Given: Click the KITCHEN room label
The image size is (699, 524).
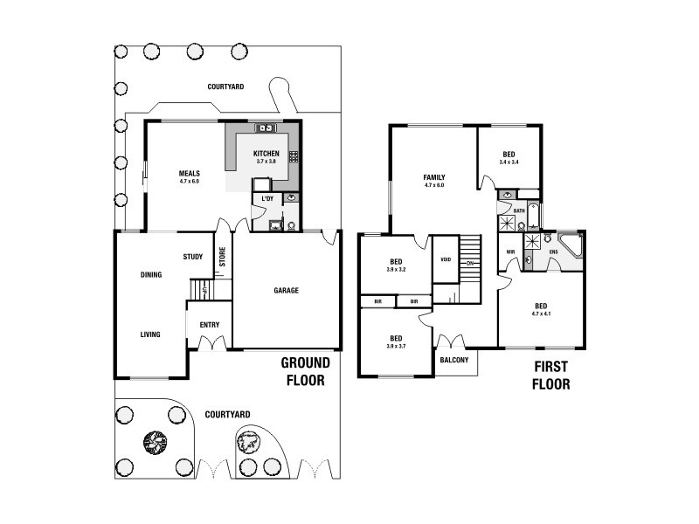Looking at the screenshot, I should click(266, 154).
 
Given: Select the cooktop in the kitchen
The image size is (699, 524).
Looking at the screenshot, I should click(294, 157).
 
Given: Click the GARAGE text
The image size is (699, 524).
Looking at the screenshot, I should click(287, 291).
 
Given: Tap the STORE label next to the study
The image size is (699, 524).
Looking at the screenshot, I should click(222, 257).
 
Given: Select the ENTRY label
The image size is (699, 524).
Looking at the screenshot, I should click(210, 325).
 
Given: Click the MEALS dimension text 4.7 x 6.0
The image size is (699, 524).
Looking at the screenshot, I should click(190, 182).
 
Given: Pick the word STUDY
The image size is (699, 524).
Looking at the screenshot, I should click(193, 257).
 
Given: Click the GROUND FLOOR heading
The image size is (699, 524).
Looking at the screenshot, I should click(305, 371).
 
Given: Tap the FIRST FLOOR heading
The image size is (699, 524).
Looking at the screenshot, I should click(549, 376).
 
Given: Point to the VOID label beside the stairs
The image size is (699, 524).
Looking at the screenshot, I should click(446, 259).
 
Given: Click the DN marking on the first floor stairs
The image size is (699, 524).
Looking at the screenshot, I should click(469, 263).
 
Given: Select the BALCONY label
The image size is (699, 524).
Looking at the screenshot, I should click(454, 361).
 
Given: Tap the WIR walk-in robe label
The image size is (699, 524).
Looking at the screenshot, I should click(510, 252).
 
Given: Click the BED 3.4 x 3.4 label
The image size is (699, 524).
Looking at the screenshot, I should click(509, 158).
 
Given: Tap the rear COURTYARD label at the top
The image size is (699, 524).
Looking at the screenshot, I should click(225, 86).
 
